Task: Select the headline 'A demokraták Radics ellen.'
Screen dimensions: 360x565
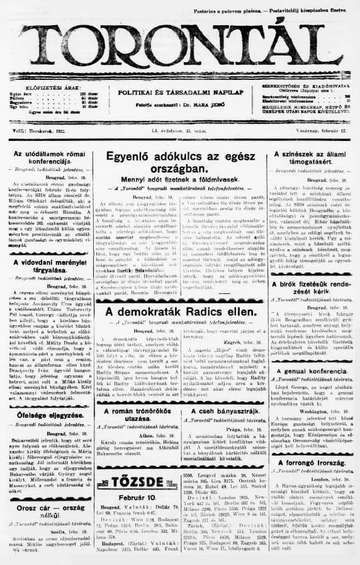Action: tap(179, 312)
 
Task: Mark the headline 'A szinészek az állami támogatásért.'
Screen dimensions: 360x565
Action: tap(313, 159)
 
